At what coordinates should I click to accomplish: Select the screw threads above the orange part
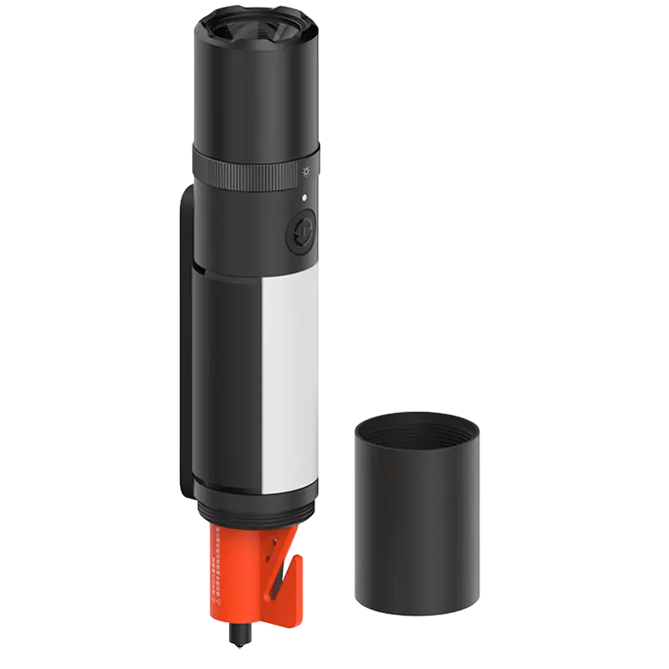pos(255,511)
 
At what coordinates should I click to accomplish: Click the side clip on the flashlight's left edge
pos(181,343)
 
